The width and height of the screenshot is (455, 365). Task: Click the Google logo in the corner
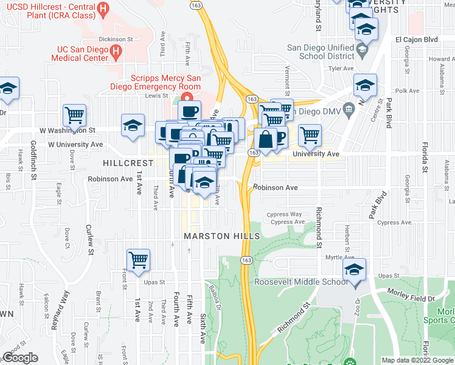[20, 358]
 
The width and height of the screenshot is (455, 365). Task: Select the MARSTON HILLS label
[222, 236]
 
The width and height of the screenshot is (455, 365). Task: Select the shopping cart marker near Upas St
[139, 260]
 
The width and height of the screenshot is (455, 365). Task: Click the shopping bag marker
[265, 139]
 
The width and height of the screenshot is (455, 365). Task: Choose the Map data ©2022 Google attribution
[417, 360]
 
